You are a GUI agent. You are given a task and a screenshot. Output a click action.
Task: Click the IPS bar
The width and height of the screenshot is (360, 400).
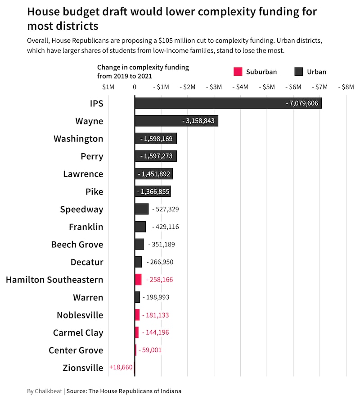point(228,103)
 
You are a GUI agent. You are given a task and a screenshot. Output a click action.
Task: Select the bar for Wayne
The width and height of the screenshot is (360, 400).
point(176,121)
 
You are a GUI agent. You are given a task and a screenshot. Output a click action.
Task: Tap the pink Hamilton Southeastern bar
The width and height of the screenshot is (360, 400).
point(138,279)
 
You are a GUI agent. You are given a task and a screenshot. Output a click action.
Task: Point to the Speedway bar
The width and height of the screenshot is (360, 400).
point(141,209)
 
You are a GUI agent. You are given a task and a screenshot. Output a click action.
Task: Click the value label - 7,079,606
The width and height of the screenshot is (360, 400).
point(302,104)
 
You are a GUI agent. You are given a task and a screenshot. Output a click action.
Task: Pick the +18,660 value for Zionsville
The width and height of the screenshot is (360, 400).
point(121,368)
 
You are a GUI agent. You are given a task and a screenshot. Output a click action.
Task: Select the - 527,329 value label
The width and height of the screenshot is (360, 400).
point(166,209)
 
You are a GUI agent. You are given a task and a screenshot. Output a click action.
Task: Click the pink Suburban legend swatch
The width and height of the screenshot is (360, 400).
point(238,72)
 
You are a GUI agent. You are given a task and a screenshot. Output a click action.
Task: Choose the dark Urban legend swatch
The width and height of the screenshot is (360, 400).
point(298,72)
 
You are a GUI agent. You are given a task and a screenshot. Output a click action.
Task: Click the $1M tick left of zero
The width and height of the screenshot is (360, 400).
point(108,86)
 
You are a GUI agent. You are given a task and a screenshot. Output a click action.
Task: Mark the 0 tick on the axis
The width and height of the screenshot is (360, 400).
point(135,86)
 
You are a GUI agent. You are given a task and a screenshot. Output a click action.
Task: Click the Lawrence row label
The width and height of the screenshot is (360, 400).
point(83,174)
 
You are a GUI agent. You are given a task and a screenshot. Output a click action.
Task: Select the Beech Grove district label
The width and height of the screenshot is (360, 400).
point(77,245)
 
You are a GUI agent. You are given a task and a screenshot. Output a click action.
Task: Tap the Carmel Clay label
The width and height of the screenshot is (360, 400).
point(78,332)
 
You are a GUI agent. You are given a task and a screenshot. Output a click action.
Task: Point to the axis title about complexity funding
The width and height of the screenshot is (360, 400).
point(143,72)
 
